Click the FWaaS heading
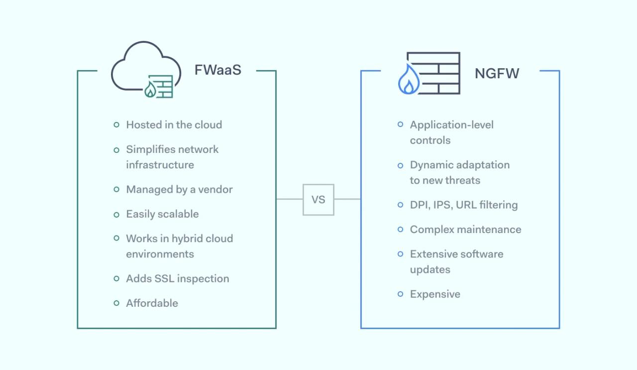coord(217,70)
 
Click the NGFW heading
coord(496,73)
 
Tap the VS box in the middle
coord(318,200)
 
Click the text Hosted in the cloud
coord(174,124)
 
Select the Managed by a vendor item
coord(179,189)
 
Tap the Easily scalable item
coord(162,214)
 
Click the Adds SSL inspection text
coord(177,278)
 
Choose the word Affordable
coord(152,303)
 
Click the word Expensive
coord(435,294)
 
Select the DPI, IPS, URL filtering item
coord(463,205)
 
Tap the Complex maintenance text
coord(465,230)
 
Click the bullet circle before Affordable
coord(116,303)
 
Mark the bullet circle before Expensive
coord(400,294)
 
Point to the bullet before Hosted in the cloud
coord(116,124)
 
